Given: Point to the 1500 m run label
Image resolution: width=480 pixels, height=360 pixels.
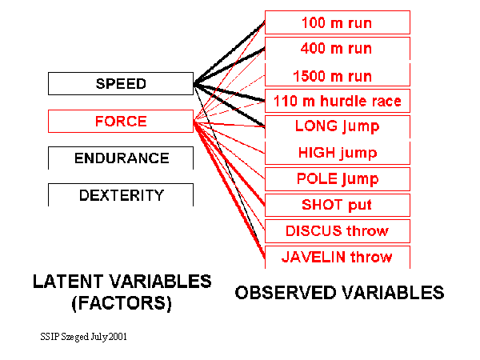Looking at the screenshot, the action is (x=333, y=76).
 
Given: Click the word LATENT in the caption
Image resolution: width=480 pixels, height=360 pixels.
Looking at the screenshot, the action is (x=68, y=282).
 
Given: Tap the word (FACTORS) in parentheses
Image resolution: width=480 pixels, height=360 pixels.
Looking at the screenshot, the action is (x=122, y=303).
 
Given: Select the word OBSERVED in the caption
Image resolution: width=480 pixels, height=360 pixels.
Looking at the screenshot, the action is (x=286, y=292).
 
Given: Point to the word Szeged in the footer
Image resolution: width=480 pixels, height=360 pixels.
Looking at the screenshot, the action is (x=75, y=337).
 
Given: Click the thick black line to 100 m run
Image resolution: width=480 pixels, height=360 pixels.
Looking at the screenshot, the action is (x=230, y=53).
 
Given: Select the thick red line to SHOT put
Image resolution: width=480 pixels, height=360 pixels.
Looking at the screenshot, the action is (x=230, y=163).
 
